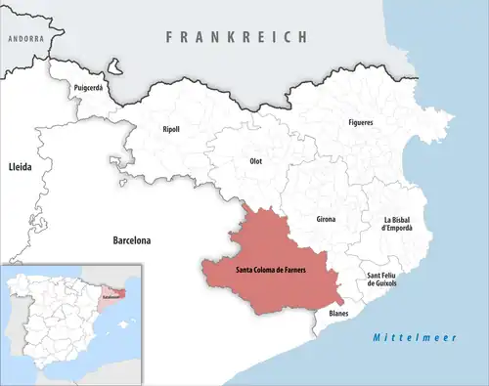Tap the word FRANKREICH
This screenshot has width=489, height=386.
point(237,36)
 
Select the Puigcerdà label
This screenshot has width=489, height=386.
point(88,88)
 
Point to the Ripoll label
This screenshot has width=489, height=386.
point(171,129)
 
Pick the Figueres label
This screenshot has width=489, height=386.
point(360,122)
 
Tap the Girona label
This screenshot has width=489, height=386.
point(326,219)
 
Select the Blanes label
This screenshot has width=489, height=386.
point(338,313)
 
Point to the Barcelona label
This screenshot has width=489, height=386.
point(134,238)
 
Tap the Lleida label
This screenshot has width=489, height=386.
point(20,167)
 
